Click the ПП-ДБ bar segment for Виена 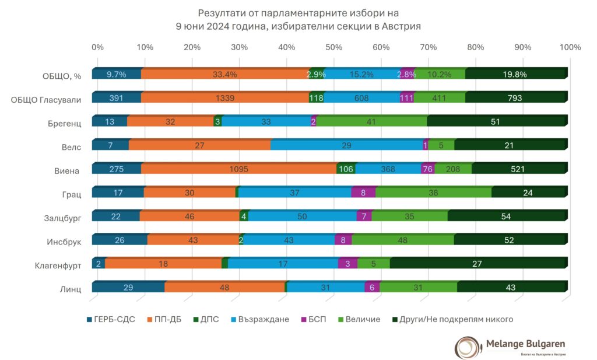pos(238,169)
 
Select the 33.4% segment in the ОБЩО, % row pos(225,74)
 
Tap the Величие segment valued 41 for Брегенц pos(371,121)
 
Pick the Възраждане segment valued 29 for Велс pos(346,145)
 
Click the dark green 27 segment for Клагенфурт pos(477,263)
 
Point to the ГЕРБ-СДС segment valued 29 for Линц pos(128,287)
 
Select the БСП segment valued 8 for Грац pos(364,192)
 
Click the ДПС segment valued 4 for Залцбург pos(244,216)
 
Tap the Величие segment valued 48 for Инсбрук pos(403,239)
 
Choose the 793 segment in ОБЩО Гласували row pos(515,97)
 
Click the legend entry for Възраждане pos(260,319)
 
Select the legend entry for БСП pos(314,319)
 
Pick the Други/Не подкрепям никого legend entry pos(452,319)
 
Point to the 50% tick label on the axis pos(334,47)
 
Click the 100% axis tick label pos(570,47)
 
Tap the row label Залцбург pos(62,218)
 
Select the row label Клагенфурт pos(58,265)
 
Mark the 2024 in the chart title pos(208,26)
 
